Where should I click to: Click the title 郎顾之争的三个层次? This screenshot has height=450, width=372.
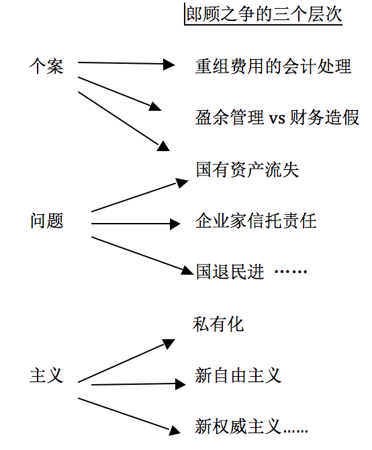point(264,14)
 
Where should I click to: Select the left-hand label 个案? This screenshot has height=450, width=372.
point(46,66)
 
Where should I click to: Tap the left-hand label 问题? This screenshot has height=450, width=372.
point(47,221)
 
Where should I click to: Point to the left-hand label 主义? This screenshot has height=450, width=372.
point(46,375)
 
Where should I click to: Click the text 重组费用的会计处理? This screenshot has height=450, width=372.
point(273,66)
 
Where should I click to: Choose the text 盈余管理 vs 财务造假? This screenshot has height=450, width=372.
point(277,118)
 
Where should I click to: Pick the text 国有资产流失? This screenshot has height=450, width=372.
point(247,169)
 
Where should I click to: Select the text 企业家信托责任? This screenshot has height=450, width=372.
point(256,221)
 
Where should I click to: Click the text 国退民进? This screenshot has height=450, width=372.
point(230,272)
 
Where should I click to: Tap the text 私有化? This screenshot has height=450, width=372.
point(218,324)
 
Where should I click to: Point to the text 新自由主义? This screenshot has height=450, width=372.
point(238,375)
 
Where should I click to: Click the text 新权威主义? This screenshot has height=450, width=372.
point(238,426)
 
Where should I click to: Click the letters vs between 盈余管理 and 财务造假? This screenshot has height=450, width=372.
point(277,118)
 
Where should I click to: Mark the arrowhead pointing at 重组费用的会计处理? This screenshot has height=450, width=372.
point(169,64)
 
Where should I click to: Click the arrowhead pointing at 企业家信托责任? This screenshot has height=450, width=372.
point(175,224)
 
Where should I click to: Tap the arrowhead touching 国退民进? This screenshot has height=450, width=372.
point(187,270)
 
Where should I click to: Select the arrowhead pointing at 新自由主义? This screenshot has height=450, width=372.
point(181,384)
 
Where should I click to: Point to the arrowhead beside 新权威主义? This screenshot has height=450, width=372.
point(175,431)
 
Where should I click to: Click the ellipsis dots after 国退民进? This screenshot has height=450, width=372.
point(291,271)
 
